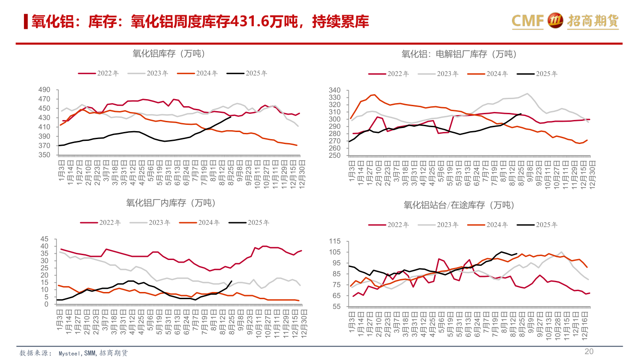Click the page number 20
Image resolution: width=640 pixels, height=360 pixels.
589,352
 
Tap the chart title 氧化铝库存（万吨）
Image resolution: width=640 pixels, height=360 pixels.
168,54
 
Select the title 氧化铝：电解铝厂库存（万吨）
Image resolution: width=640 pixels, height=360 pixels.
459,54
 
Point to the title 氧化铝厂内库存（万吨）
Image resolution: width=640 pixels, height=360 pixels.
171,203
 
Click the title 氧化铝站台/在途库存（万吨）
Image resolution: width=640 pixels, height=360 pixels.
459,205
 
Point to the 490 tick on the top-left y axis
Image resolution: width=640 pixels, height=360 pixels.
44,90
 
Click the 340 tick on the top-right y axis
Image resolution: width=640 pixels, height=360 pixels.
335,90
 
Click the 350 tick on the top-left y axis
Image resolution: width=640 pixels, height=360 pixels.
44,155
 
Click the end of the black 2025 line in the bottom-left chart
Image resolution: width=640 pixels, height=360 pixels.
232,281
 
